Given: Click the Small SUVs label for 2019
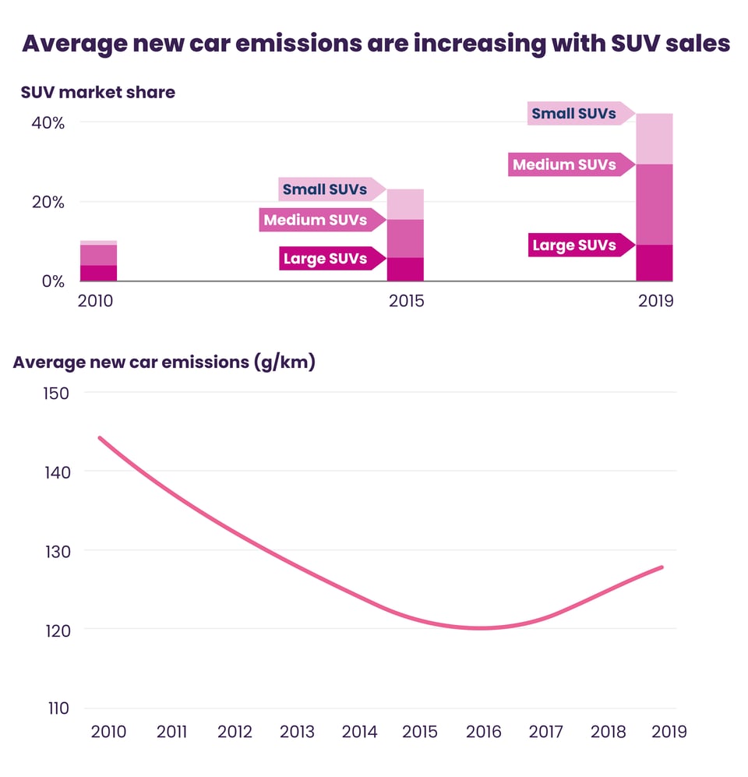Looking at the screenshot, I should coord(573,114).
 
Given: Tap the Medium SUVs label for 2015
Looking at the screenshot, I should coord(316,220).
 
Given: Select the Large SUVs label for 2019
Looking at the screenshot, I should coord(573,245).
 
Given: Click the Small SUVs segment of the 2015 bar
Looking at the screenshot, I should coord(405,204).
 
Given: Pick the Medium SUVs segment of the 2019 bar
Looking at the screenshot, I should coord(654,204).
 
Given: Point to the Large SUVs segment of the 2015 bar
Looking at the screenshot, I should coord(405,269).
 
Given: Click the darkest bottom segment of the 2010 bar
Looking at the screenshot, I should coord(97,273).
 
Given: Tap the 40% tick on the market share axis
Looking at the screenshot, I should coord(48,122).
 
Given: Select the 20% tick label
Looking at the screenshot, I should coord(48,202).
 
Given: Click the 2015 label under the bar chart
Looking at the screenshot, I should coord(407,301).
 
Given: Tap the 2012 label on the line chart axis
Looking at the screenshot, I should coord(235,732).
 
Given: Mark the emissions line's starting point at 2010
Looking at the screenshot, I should coord(100,438).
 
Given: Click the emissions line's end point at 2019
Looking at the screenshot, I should coord(662,567).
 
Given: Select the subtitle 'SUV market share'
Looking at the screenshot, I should coord(98,92).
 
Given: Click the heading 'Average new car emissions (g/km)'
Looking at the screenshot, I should coord(164,362).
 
